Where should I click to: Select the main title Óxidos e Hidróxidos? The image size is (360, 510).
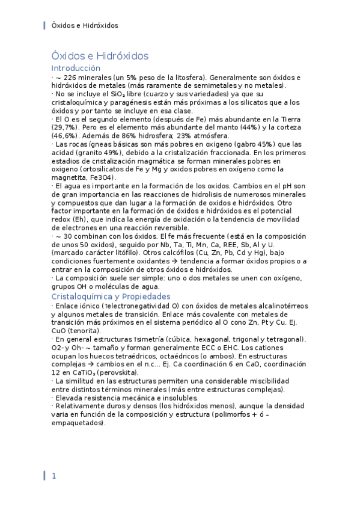point(100,56)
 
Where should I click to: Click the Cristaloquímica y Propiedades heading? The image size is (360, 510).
point(111,296)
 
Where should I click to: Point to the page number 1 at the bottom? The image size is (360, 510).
point(53,476)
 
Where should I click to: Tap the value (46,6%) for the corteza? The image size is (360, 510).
point(66,137)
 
